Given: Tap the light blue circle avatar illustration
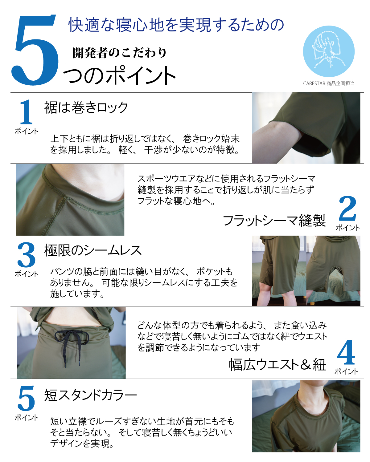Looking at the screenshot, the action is click(328, 51).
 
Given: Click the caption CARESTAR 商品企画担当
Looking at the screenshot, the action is click(328, 83).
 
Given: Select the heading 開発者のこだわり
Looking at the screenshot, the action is click(119, 53).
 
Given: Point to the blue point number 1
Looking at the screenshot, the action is click(26, 112).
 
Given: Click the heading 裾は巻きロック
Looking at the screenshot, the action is click(86, 107).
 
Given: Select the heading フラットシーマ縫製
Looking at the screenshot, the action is click(274, 221).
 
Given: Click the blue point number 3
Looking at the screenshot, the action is click(26, 255).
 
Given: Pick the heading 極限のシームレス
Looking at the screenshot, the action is click(93, 250).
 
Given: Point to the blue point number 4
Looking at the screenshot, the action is click(346, 352).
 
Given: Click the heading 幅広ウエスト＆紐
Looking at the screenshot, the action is click(277, 364).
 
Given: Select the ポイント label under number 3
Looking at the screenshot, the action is click(27, 274).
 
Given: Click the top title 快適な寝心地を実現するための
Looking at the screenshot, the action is click(176, 25).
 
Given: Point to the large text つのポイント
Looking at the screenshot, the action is click(120, 75).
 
